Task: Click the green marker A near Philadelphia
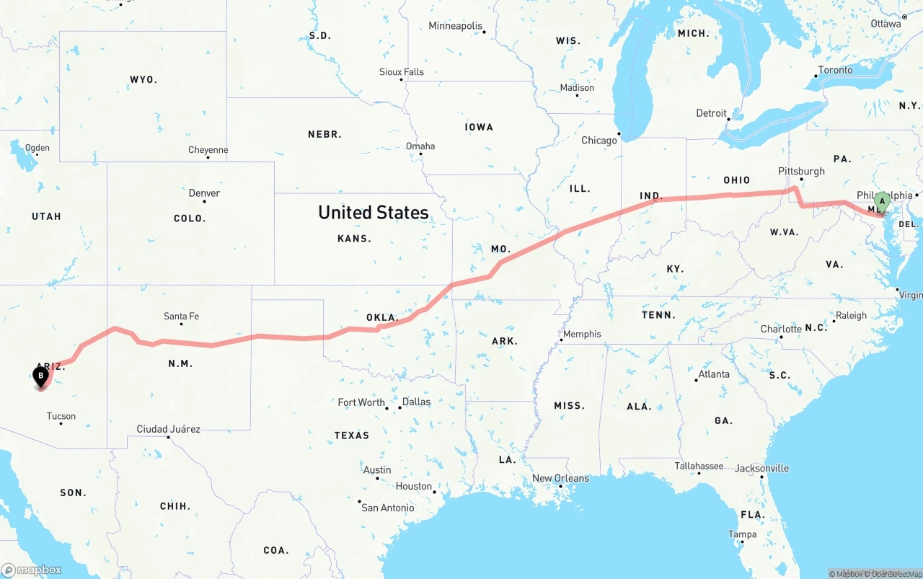coord(881,202)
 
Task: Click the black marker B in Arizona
coord(41,376)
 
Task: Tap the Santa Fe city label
coord(181,316)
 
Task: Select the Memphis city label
coord(582,334)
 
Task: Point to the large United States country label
coord(373,212)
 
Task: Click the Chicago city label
coord(599,140)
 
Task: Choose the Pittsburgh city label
coord(801,171)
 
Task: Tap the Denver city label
coord(204,193)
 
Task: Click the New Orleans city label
coord(560,478)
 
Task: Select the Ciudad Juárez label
coord(169,429)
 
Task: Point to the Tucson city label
coord(61,416)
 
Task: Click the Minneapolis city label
coord(455,26)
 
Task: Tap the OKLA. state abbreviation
coord(381,317)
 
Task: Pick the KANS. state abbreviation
coord(354,238)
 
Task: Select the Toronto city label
coord(835,70)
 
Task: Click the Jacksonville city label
coord(761,468)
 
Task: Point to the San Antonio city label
coord(388,508)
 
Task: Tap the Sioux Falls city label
coord(402,72)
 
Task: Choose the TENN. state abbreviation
coord(658,314)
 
